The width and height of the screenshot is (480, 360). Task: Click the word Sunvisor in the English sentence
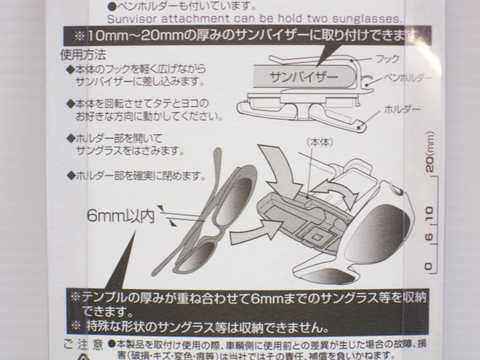[x=131, y=18]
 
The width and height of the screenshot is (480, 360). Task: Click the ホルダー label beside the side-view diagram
[x=402, y=109]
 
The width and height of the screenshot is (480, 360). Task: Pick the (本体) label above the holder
[x=318, y=140]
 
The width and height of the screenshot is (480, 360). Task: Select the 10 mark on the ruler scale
[x=429, y=215]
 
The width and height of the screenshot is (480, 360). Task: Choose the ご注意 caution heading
[x=83, y=345]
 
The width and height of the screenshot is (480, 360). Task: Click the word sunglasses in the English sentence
[x=369, y=18]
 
